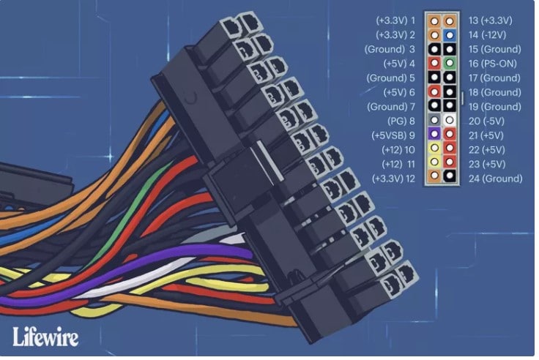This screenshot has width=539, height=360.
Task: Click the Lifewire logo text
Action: (x=45, y=335)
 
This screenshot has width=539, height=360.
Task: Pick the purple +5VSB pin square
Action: (x=435, y=135)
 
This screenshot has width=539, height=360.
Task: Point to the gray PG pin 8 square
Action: (x=435, y=121)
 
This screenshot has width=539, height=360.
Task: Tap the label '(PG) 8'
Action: (x=402, y=121)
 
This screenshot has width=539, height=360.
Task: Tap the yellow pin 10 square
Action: (x=435, y=149)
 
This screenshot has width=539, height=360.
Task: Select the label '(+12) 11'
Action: (x=398, y=164)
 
